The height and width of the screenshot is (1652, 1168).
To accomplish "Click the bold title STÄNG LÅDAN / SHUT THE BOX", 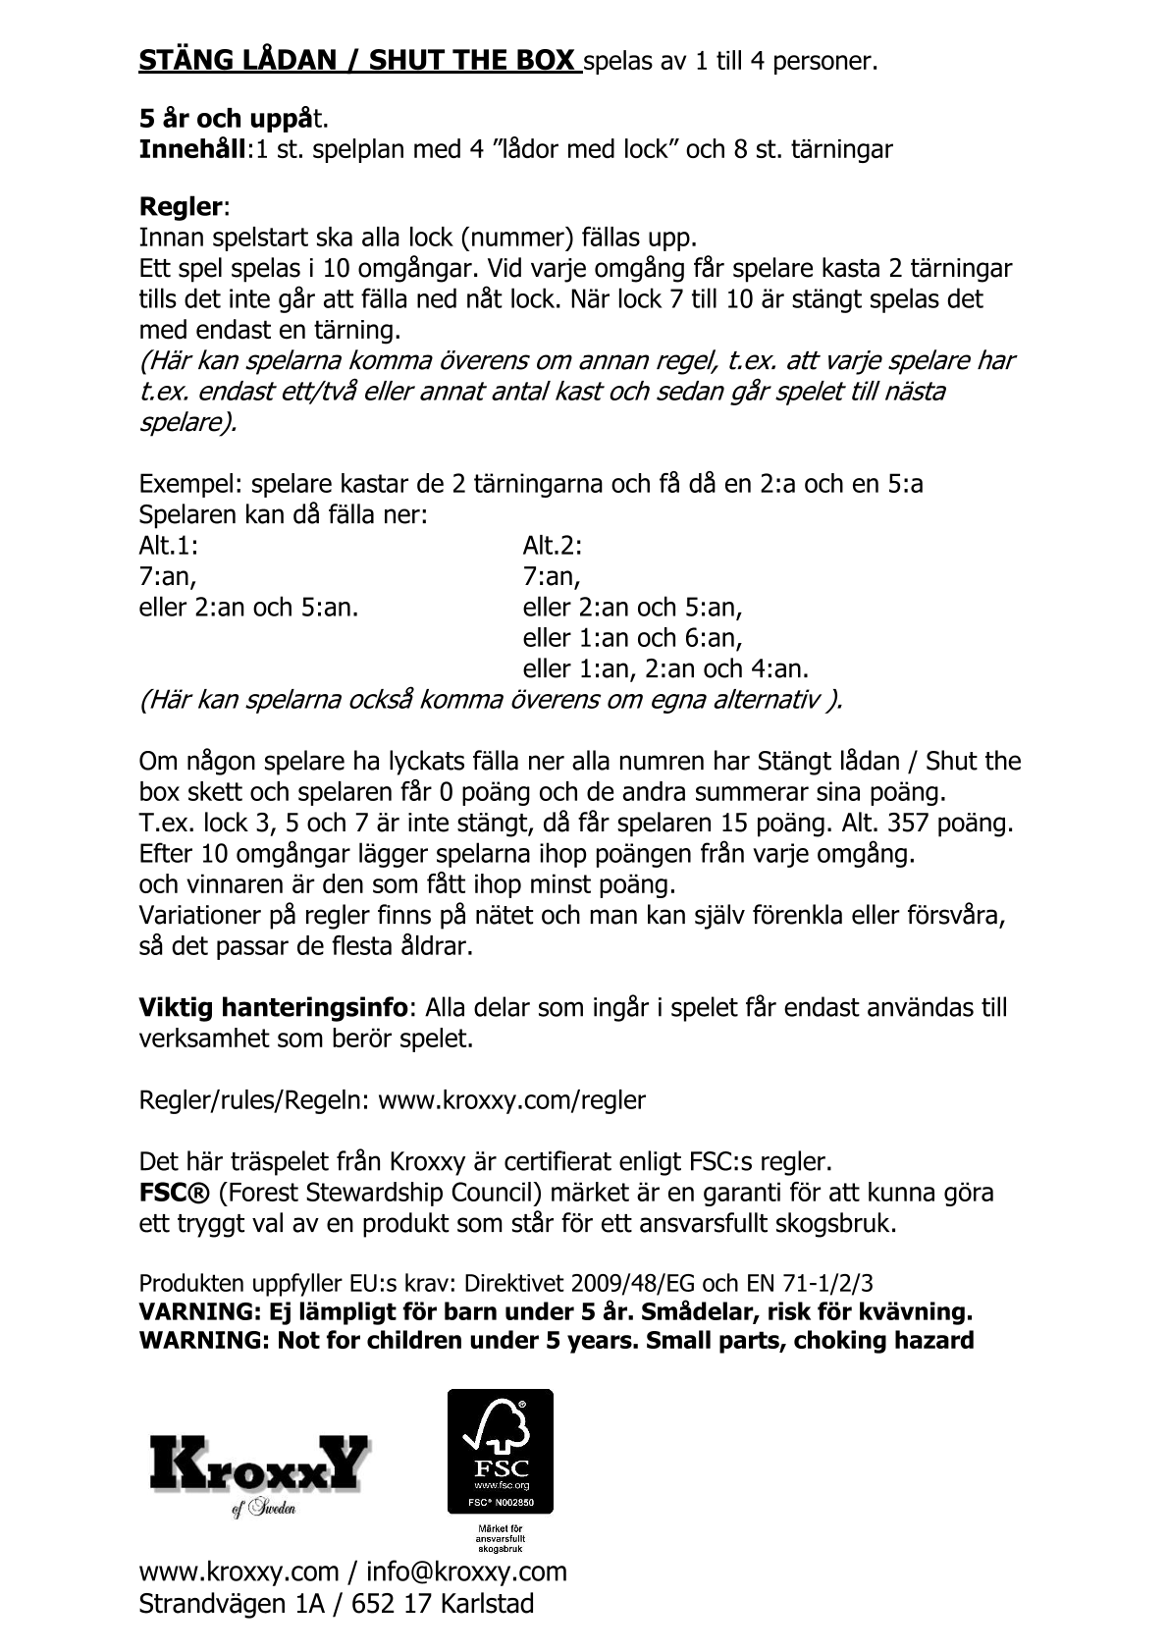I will pyautogui.click(x=358, y=61).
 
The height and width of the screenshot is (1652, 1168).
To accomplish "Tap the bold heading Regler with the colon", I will pyautogui.click(x=184, y=207).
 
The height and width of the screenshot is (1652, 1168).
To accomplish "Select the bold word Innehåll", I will pyautogui.click(x=192, y=149).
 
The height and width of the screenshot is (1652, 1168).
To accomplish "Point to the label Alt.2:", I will pyautogui.click(x=553, y=545).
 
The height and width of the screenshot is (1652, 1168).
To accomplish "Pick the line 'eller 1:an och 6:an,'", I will pyautogui.click(x=632, y=638).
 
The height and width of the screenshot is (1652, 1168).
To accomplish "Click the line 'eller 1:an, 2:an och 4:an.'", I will pyautogui.click(x=665, y=669).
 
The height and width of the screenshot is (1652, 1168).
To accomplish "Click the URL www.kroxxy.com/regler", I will pyautogui.click(x=511, y=1100).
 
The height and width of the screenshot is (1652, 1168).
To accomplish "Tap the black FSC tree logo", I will pyautogui.click(x=500, y=1451).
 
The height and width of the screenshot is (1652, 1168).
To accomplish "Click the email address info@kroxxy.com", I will pyautogui.click(x=466, y=1572).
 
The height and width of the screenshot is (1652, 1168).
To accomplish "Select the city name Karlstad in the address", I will pyautogui.click(x=487, y=1604).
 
